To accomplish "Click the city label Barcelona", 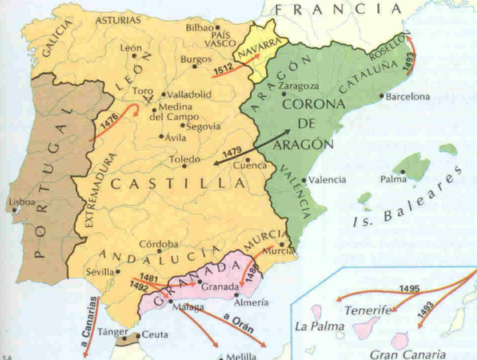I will [x=407, y=97].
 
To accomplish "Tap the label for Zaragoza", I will [x=298, y=86].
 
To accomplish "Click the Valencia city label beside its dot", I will [x=327, y=180].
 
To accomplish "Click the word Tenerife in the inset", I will [x=367, y=310].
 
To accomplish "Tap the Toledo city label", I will [x=184, y=160].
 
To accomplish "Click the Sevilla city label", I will [x=100, y=271].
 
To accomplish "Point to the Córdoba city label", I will [x=158, y=244].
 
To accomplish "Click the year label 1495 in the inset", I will [x=409, y=289].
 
